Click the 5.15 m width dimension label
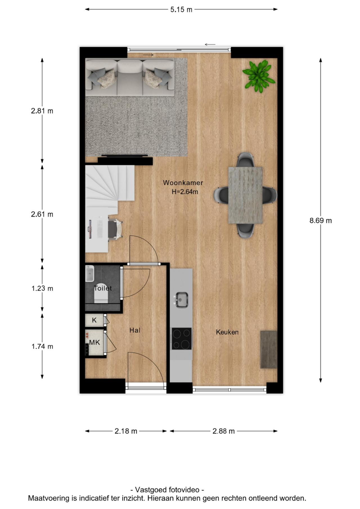tap(181, 10)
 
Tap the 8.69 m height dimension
tap(321, 220)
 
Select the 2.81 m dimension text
tap(42, 111)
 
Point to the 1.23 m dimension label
tap(42, 288)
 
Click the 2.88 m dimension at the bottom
tap(224, 431)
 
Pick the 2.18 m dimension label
tap(126, 431)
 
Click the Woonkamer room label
tap(183, 183)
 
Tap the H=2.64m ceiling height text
tap(185, 192)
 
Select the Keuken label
tap(227, 332)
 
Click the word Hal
tap(135, 330)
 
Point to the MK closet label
tap(94, 343)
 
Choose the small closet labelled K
tap(94, 320)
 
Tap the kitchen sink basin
tap(182, 299)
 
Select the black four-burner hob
tap(182, 339)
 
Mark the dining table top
tap(245, 195)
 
